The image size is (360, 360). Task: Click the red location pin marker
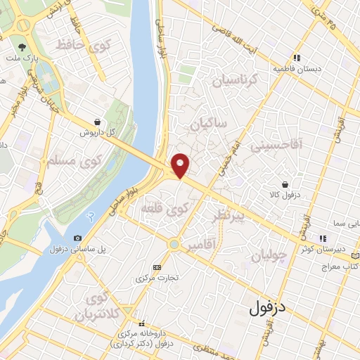(181, 165)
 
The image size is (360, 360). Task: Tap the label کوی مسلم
(72, 161)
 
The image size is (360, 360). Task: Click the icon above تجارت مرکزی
(156, 267)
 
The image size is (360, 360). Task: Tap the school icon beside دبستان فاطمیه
(298, 58)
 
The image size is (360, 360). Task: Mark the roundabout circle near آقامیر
(174, 245)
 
